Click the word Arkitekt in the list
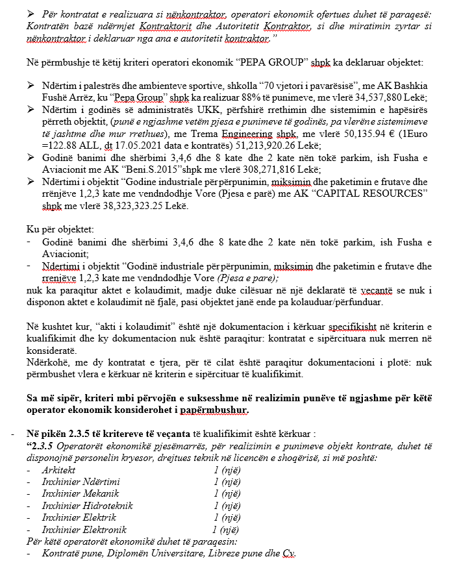coord(58,469)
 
